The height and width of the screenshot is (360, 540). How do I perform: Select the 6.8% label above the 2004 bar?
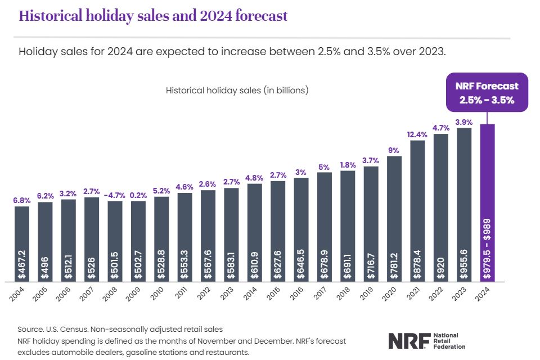click(21, 200)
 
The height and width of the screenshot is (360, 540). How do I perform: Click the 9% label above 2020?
click(394, 150)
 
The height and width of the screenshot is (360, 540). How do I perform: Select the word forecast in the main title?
click(257, 16)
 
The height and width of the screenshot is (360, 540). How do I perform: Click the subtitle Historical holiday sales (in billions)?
click(237, 90)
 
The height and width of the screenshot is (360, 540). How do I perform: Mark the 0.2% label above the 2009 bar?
click(138, 195)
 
